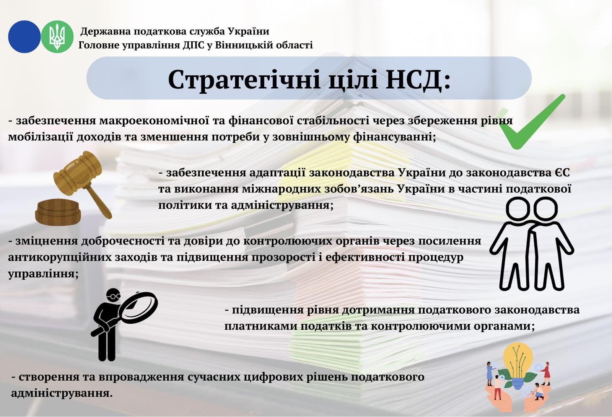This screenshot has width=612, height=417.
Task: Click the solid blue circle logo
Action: [x=24, y=37]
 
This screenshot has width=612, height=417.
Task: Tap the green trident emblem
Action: [x=57, y=37]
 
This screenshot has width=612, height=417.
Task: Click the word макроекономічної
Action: [x=154, y=121]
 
